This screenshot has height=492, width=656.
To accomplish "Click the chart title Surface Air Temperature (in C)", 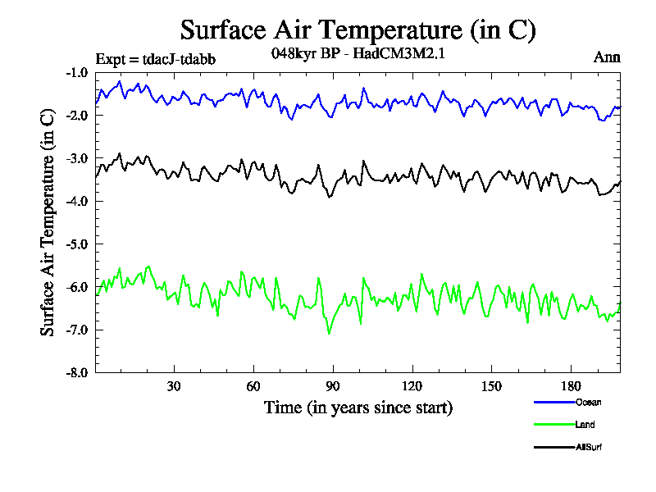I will [358, 30].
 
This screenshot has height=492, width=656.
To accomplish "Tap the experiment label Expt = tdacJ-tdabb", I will [156, 58].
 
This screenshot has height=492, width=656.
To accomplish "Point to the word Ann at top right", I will [606, 57].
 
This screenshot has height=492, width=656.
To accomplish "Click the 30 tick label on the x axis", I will [174, 386].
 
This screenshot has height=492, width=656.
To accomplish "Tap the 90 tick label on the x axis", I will [332, 386].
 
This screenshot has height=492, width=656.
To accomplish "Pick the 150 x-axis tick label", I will [491, 386].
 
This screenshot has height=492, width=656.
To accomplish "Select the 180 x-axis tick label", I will [570, 386].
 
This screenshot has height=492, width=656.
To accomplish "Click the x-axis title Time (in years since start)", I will [358, 408].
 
